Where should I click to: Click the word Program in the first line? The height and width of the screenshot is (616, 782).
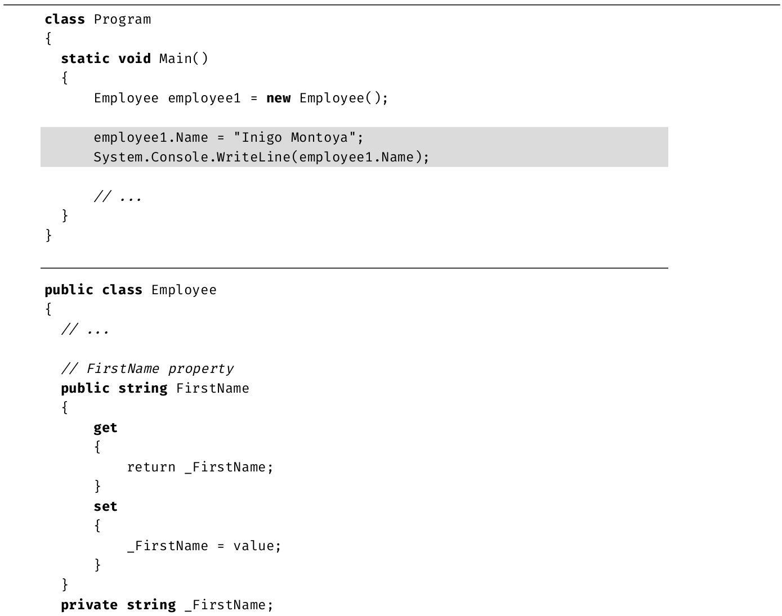pyautogui.click(x=122, y=20)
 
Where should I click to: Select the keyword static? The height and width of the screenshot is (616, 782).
pyautogui.click(x=86, y=59)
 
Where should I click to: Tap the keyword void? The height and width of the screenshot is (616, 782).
pyautogui.click(x=135, y=59)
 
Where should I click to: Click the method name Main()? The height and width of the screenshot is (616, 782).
pyautogui.click(x=184, y=59)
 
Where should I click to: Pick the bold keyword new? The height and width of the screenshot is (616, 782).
pyautogui.click(x=278, y=98)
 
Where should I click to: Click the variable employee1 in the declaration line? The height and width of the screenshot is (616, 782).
pyautogui.click(x=204, y=98)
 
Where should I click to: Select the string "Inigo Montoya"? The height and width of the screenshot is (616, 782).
pyautogui.click(x=294, y=137)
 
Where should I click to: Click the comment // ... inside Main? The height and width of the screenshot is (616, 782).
pyautogui.click(x=117, y=196)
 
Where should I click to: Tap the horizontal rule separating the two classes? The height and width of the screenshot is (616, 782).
pyautogui.click(x=354, y=268)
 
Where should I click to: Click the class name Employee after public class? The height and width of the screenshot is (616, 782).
pyautogui.click(x=184, y=290)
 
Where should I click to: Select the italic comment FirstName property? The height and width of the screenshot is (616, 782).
pyautogui.click(x=160, y=368)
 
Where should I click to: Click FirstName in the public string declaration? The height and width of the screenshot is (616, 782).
pyautogui.click(x=213, y=388)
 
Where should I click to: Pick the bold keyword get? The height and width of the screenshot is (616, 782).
pyautogui.click(x=105, y=428)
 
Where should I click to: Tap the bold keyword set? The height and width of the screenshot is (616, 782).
pyautogui.click(x=105, y=506)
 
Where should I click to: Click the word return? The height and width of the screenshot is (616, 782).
pyautogui.click(x=151, y=467)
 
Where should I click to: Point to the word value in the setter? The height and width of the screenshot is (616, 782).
pyautogui.click(x=253, y=546)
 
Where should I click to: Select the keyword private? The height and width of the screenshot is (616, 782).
pyautogui.click(x=90, y=605)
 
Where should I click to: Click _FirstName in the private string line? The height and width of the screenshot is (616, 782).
pyautogui.click(x=225, y=605)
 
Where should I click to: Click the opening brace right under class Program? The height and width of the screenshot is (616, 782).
pyautogui.click(x=48, y=38)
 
